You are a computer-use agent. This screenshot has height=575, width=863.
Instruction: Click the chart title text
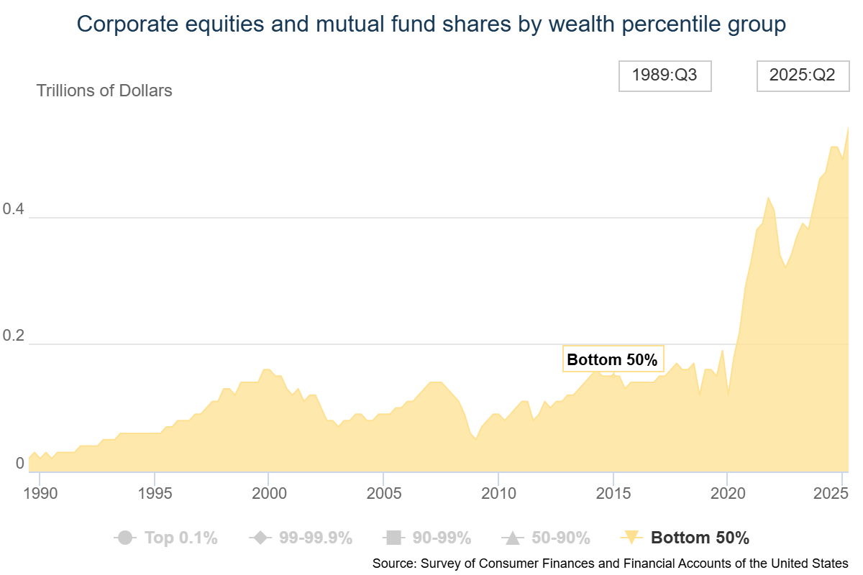(x=431, y=24)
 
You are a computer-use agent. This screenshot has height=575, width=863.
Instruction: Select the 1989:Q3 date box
(x=665, y=75)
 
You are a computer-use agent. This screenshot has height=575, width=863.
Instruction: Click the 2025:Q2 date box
(x=802, y=75)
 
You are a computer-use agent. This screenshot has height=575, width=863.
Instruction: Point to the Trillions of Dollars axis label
(x=104, y=91)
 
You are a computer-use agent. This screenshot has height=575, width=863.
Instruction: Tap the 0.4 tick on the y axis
(x=14, y=210)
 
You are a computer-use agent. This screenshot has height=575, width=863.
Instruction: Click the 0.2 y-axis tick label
(x=14, y=336)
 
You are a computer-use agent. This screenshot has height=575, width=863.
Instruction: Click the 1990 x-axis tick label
(x=39, y=494)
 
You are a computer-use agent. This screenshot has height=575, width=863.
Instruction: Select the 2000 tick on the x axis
(x=268, y=494)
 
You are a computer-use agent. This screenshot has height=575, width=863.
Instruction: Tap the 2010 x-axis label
(x=498, y=494)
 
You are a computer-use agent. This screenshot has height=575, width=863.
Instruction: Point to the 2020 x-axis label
(x=727, y=494)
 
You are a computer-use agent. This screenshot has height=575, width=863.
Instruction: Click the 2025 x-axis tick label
(x=833, y=494)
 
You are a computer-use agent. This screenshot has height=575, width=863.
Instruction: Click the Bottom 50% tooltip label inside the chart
(x=612, y=359)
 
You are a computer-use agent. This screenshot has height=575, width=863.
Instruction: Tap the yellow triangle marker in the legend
(x=630, y=537)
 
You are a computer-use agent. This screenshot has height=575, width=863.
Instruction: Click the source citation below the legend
(x=610, y=563)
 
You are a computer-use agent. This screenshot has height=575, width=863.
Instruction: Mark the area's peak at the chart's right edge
(x=848, y=128)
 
